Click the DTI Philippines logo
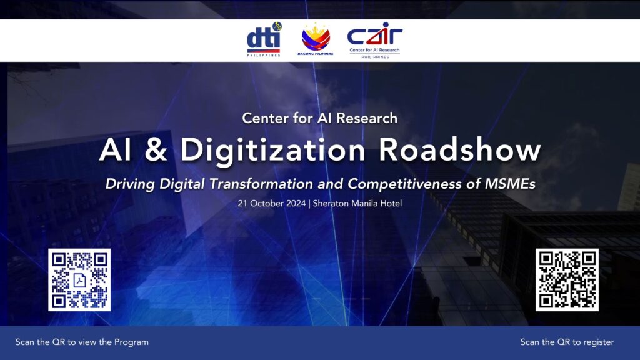coord(264,39)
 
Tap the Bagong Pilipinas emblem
coord(316,39)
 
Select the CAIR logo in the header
coord(375,41)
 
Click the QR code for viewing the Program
coord(79,280)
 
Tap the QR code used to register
coord(567,280)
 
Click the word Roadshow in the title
coord(459,150)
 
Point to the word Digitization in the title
coord(272,151)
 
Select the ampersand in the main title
coord(156,150)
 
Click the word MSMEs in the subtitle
coord(510,184)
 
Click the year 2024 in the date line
coord(296,203)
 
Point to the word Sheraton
coord(331,203)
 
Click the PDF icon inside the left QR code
coord(79,281)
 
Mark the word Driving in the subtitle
coord(130,184)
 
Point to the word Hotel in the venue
coord(391,203)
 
